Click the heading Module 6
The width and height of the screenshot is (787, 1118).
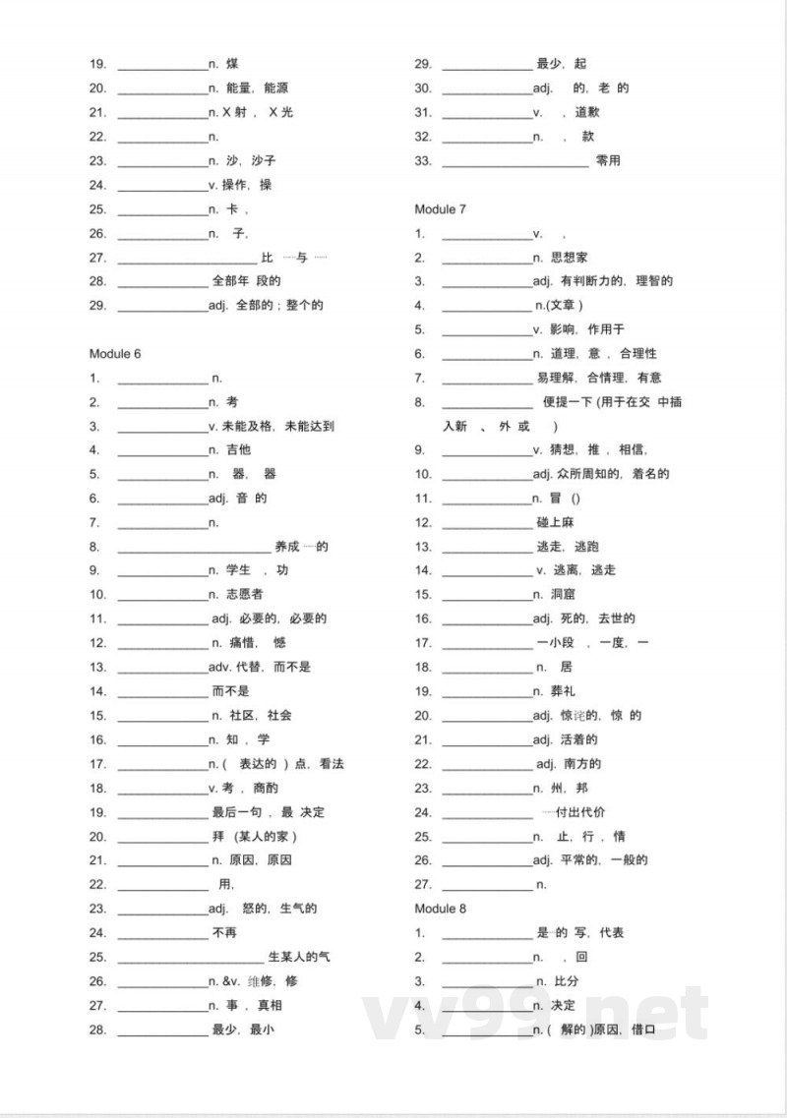point(115,354)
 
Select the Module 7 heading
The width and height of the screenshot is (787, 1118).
point(440,209)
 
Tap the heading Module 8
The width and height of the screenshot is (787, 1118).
point(440,909)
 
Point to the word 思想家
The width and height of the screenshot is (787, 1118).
point(570,258)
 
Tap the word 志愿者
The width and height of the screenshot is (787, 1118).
point(244,595)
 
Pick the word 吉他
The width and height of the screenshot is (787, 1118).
point(238,450)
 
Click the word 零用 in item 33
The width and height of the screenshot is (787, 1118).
point(608,161)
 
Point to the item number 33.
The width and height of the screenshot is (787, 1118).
point(423,161)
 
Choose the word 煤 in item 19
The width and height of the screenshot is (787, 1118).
point(231,65)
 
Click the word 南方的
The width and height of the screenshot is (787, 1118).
point(581,764)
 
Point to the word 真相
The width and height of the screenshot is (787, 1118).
point(271,1005)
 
